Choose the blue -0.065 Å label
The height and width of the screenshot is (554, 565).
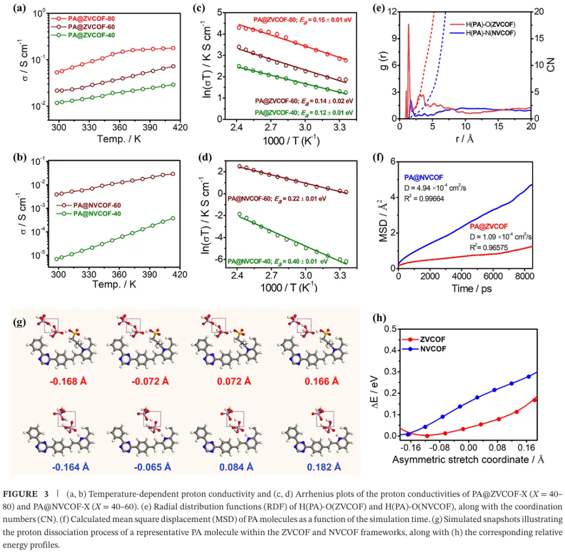click(x=154, y=467)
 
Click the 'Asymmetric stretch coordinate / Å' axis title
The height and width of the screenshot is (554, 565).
click(x=468, y=459)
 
